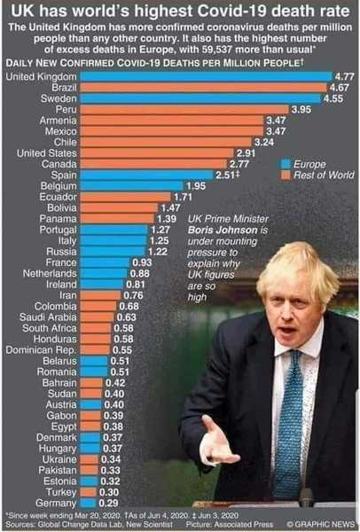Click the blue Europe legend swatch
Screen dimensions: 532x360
pyautogui.click(x=285, y=164)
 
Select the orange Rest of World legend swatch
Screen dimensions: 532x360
pyautogui.click(x=285, y=175)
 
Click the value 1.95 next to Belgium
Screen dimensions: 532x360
pyautogui.click(x=196, y=185)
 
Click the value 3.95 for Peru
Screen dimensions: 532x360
pyautogui.click(x=302, y=109)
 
